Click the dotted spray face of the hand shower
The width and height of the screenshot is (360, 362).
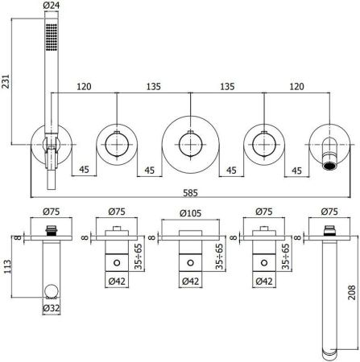(52, 37)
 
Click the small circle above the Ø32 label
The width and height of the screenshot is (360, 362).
(52, 290)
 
